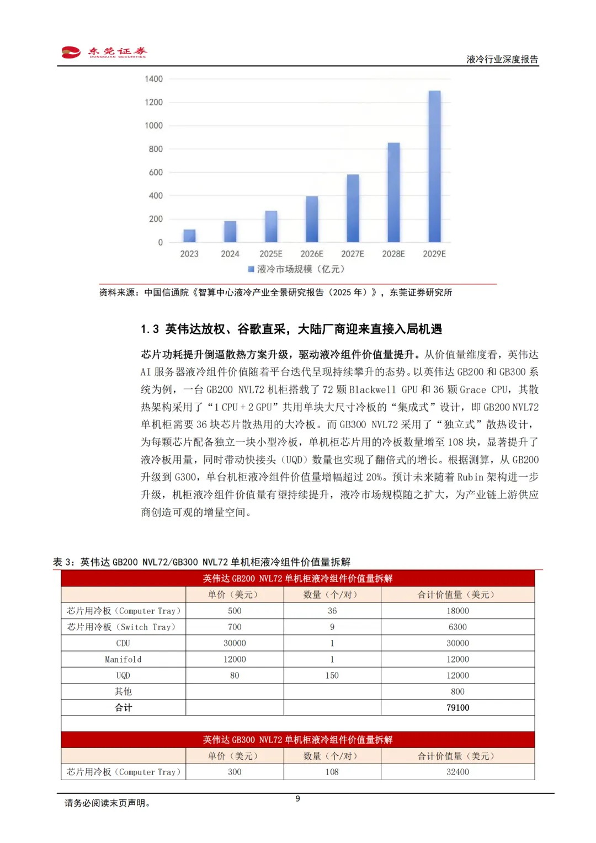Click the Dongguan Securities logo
[104, 52]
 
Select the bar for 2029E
[434, 166]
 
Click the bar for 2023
[189, 236]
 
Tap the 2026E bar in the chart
[312, 219]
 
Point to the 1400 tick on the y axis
[153, 79]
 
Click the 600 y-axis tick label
[156, 172]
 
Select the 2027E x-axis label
[353, 254]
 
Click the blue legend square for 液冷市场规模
[251, 269]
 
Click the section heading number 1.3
[150, 329]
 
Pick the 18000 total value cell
[457, 611]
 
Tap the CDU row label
[123, 643]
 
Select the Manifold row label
[123, 659]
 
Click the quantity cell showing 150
[332, 675]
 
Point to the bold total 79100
[457, 707]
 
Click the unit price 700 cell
[235, 627]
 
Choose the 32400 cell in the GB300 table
[457, 772]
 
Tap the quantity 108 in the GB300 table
[332, 772]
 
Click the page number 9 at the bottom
[298, 798]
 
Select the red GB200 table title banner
[297, 578]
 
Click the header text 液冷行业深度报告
[502, 60]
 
